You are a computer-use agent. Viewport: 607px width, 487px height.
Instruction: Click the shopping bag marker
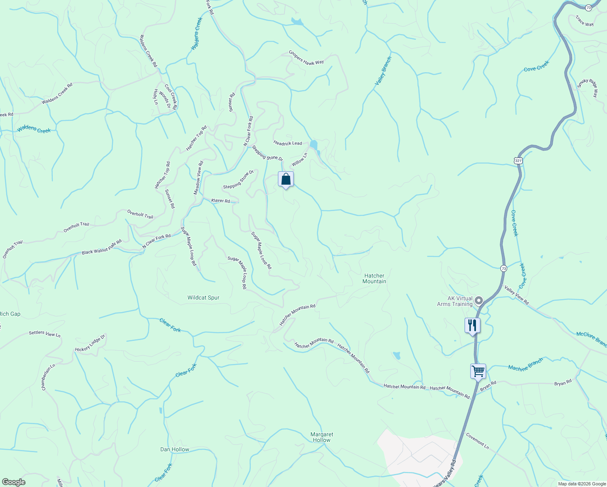(x=286, y=179)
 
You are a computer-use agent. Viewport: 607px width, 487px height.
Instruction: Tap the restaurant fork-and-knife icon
(x=472, y=325)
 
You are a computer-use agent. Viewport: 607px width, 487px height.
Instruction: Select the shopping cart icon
(x=478, y=371)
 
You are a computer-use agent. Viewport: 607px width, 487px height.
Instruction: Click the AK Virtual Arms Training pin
(x=479, y=301)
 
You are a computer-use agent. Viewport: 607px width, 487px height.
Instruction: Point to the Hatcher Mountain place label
(x=374, y=278)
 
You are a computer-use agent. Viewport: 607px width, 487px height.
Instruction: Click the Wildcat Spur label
(x=203, y=297)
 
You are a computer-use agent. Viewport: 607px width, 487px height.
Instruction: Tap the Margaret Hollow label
(x=322, y=437)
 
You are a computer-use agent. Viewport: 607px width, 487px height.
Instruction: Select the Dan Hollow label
(x=174, y=449)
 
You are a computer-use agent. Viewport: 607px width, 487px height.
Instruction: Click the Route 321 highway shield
(x=518, y=161)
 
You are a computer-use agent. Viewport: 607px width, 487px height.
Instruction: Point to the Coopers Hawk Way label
(x=306, y=57)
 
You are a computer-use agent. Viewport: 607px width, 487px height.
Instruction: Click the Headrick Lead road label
(x=288, y=143)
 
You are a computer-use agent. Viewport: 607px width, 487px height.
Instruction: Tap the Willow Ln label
(x=299, y=159)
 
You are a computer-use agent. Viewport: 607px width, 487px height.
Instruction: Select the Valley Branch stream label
(x=383, y=71)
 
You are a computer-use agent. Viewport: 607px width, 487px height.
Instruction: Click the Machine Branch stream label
(x=525, y=365)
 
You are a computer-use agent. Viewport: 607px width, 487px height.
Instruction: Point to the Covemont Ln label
(x=477, y=441)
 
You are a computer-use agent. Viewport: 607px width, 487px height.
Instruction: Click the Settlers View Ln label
(x=45, y=334)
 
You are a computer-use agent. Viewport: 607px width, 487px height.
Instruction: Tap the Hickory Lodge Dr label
(x=90, y=343)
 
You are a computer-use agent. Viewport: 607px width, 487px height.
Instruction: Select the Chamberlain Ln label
(x=48, y=377)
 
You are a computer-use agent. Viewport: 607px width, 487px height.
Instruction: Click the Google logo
(x=13, y=482)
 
